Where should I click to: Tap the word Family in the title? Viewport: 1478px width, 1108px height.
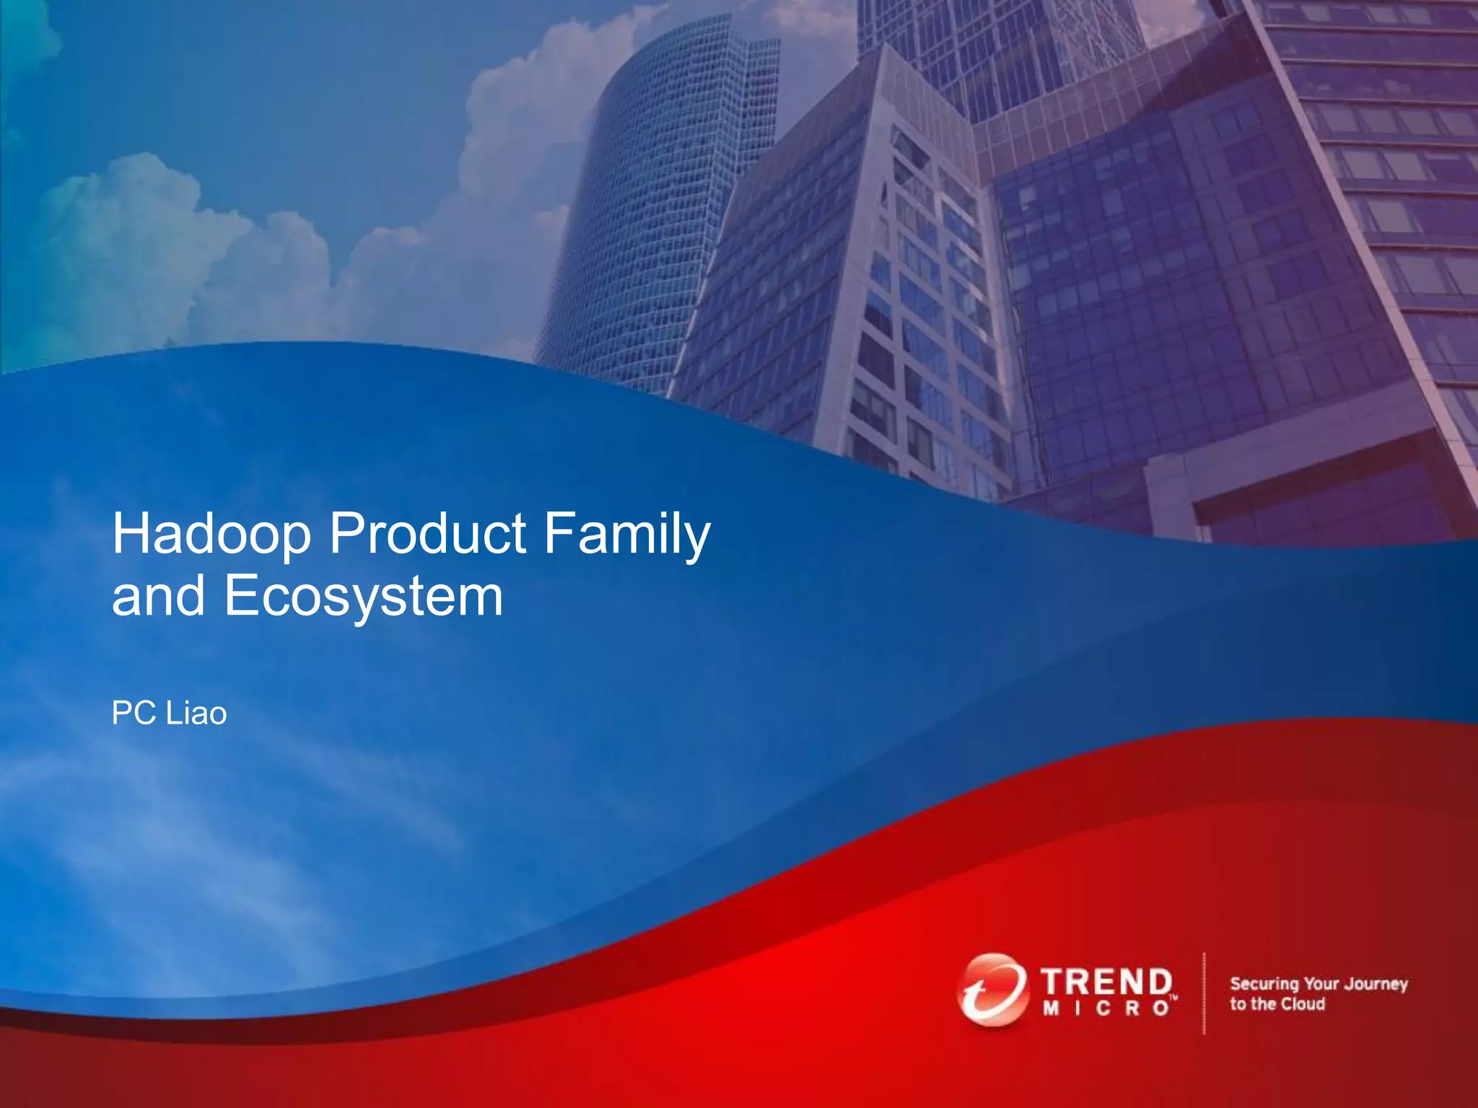click(627, 535)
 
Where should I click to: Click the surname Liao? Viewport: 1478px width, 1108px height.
click(196, 713)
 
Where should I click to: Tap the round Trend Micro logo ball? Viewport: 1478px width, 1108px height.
click(992, 990)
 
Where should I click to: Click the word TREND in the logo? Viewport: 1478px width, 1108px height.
click(1106, 982)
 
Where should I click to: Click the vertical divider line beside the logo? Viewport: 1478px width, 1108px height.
click(1204, 993)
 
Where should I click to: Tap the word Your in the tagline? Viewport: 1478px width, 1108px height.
click(1322, 984)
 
